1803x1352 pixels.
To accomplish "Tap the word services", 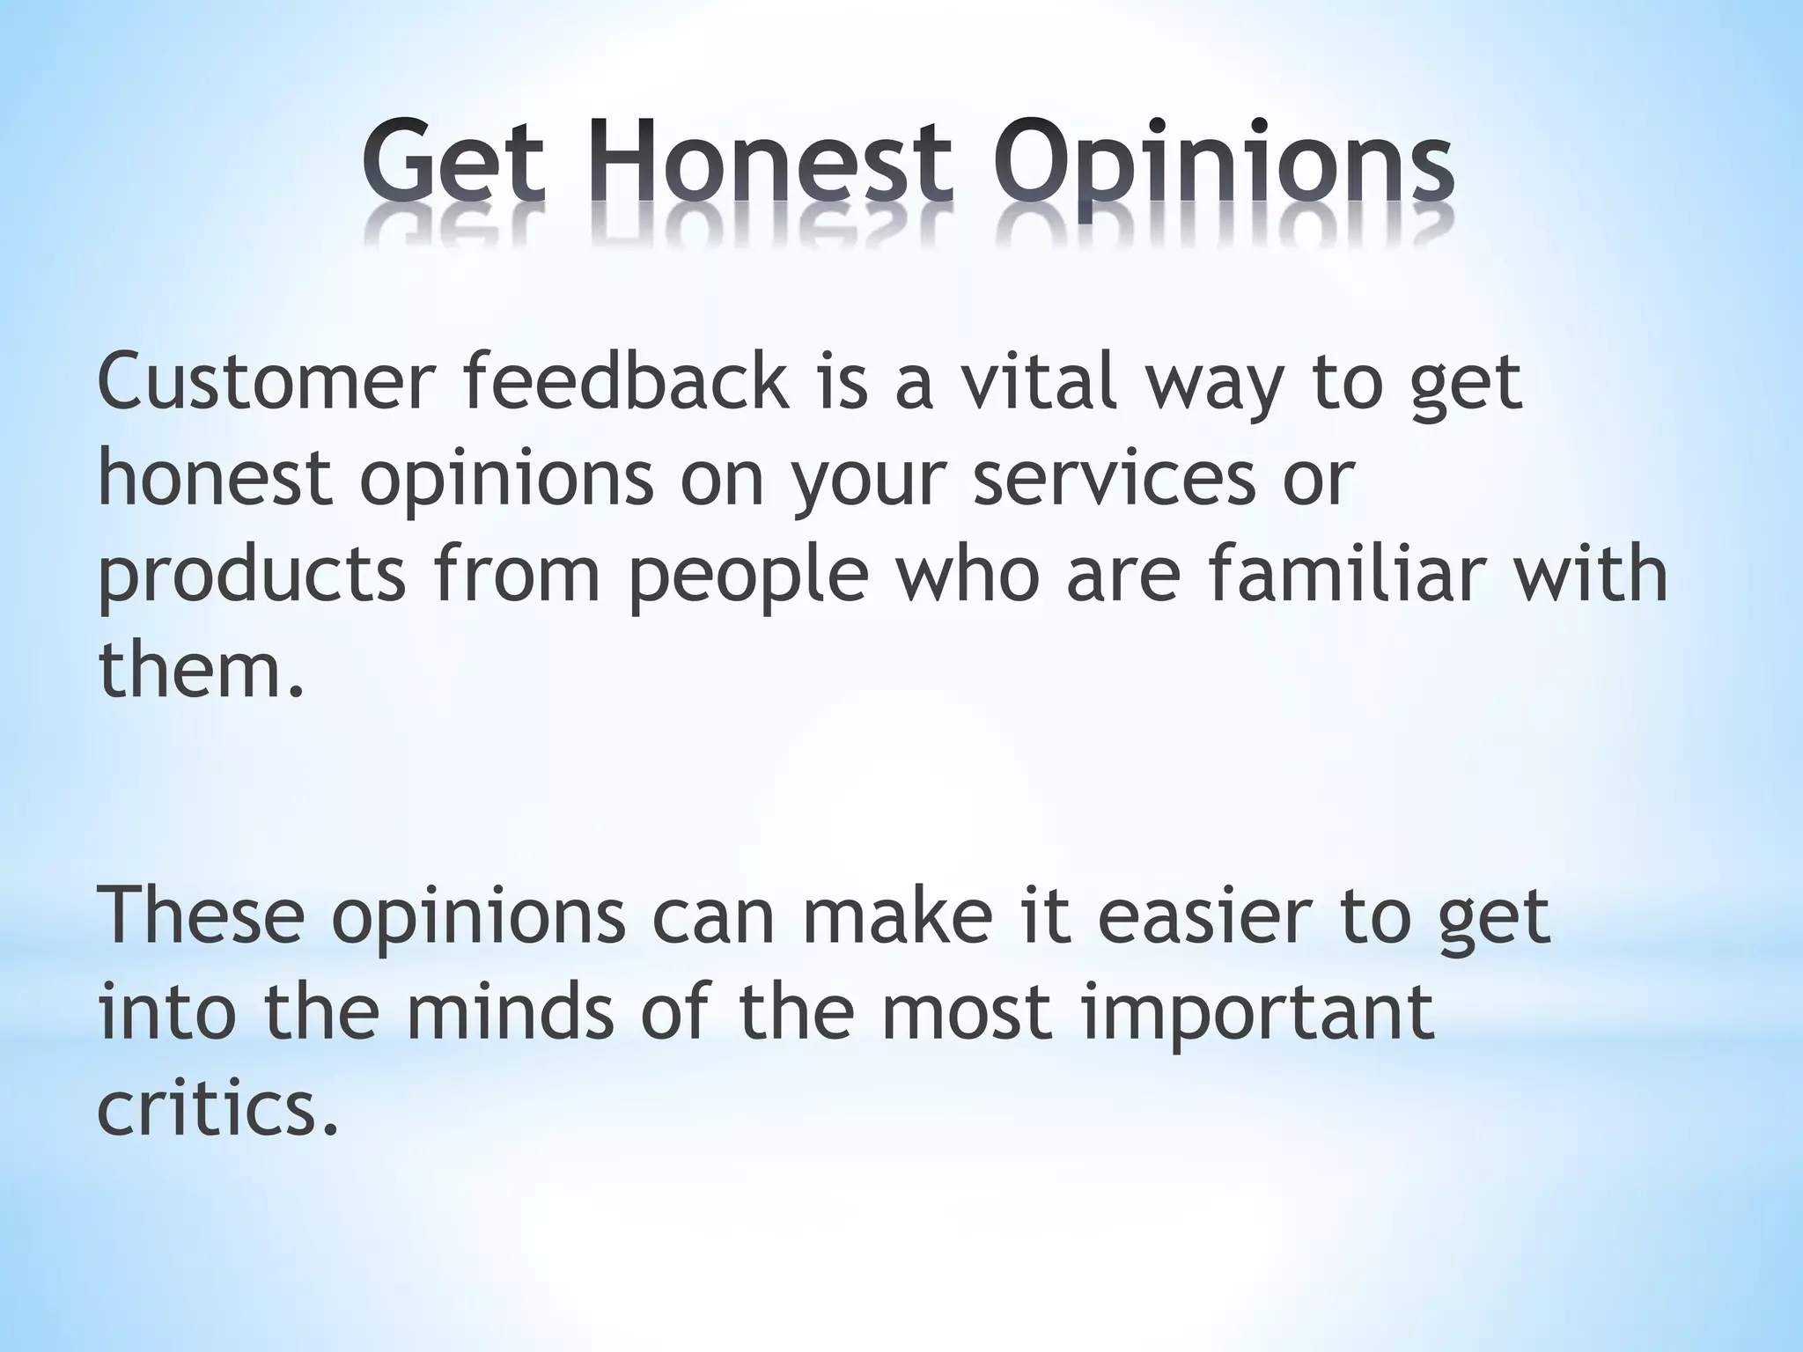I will click(1113, 479).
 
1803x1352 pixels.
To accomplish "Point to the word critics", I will click(216, 1107).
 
